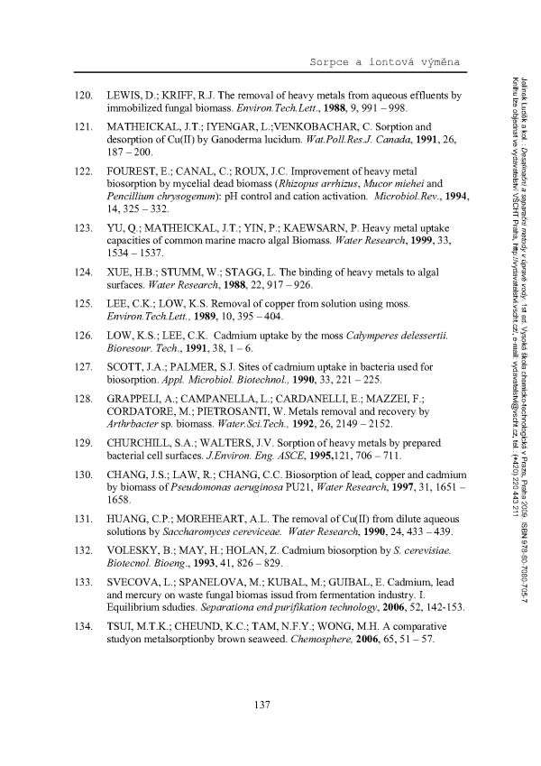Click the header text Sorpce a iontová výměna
[385, 60]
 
